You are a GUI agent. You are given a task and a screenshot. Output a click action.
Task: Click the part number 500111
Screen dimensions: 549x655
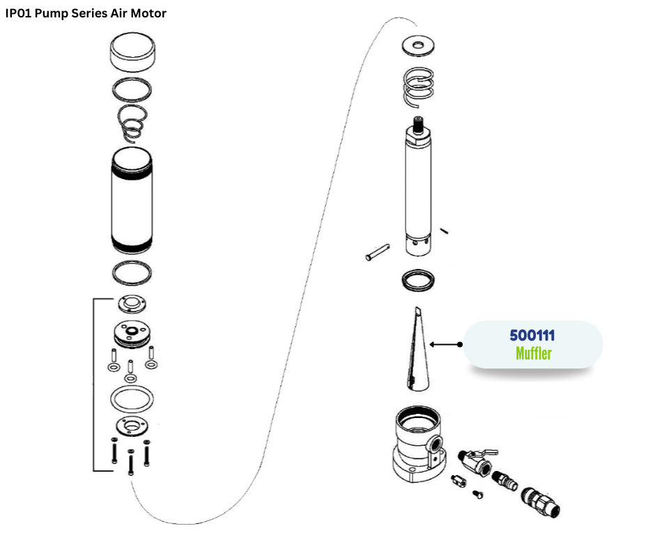click(532, 335)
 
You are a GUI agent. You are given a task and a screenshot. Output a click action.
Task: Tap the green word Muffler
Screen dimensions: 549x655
click(533, 353)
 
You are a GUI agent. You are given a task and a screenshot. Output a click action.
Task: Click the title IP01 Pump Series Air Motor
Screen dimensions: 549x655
click(86, 13)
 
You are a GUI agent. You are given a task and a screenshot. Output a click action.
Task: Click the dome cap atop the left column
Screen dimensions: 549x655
click(132, 56)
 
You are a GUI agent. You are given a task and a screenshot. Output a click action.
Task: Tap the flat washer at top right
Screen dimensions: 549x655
click(419, 47)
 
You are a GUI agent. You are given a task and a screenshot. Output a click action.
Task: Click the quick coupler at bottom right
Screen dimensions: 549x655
click(540, 502)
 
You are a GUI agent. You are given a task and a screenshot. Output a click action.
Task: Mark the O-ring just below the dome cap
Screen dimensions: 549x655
click(132, 89)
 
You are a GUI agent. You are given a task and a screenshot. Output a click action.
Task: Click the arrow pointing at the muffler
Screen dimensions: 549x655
click(446, 344)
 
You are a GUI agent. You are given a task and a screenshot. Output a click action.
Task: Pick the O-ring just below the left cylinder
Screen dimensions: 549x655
click(132, 272)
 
